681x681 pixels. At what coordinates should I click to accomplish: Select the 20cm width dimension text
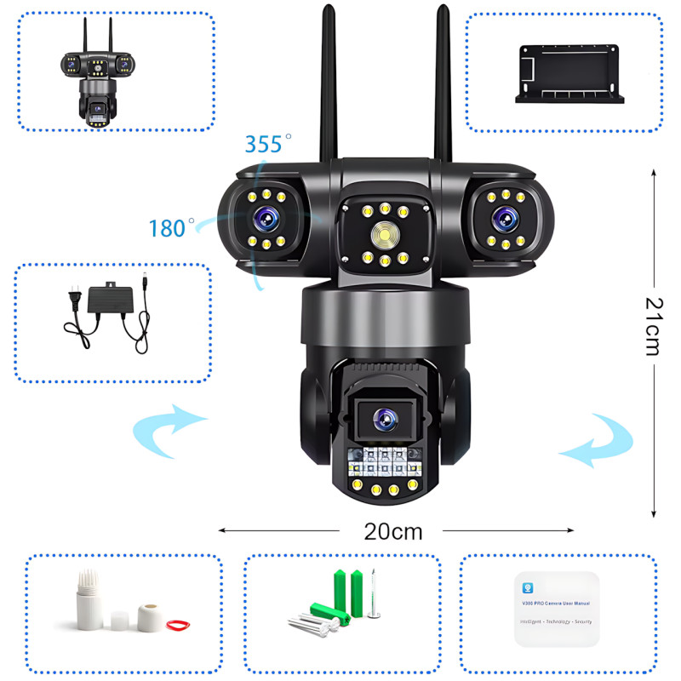pyautogui.click(x=393, y=531)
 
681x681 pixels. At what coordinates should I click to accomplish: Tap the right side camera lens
pyautogui.click(x=501, y=217)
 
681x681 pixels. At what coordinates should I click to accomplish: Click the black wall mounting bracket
pyautogui.click(x=569, y=76)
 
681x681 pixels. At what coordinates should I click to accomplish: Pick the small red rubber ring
pyautogui.click(x=176, y=626)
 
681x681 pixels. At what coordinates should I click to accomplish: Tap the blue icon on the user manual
pyautogui.click(x=528, y=587)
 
